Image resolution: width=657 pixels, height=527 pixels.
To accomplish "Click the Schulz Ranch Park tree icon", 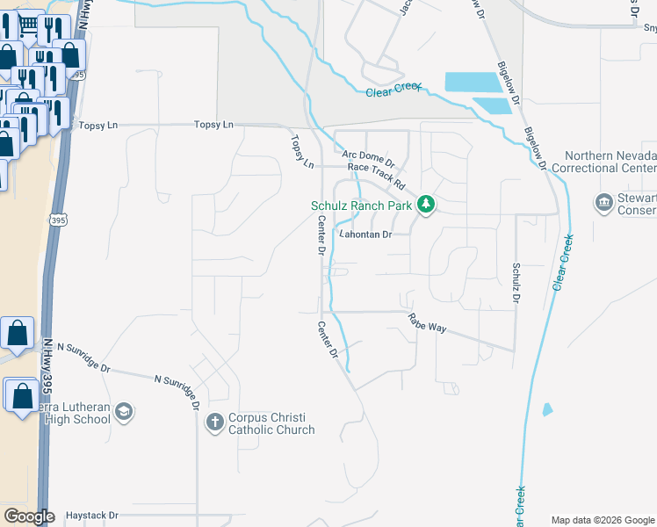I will point(426,205).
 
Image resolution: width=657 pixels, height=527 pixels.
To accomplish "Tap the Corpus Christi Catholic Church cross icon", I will point(214,423).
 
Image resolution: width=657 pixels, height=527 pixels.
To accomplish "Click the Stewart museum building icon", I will point(603,204).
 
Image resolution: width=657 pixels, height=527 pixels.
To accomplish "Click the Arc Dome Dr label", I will point(369,158).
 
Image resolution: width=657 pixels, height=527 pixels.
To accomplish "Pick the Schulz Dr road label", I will point(516,282).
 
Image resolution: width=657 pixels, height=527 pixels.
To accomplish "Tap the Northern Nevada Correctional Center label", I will point(610,162).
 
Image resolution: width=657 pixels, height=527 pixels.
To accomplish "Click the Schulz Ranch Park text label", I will point(362,206).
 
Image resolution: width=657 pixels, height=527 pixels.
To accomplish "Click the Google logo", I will point(29,516).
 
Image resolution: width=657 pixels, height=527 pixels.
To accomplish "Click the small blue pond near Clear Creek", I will point(548,409).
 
